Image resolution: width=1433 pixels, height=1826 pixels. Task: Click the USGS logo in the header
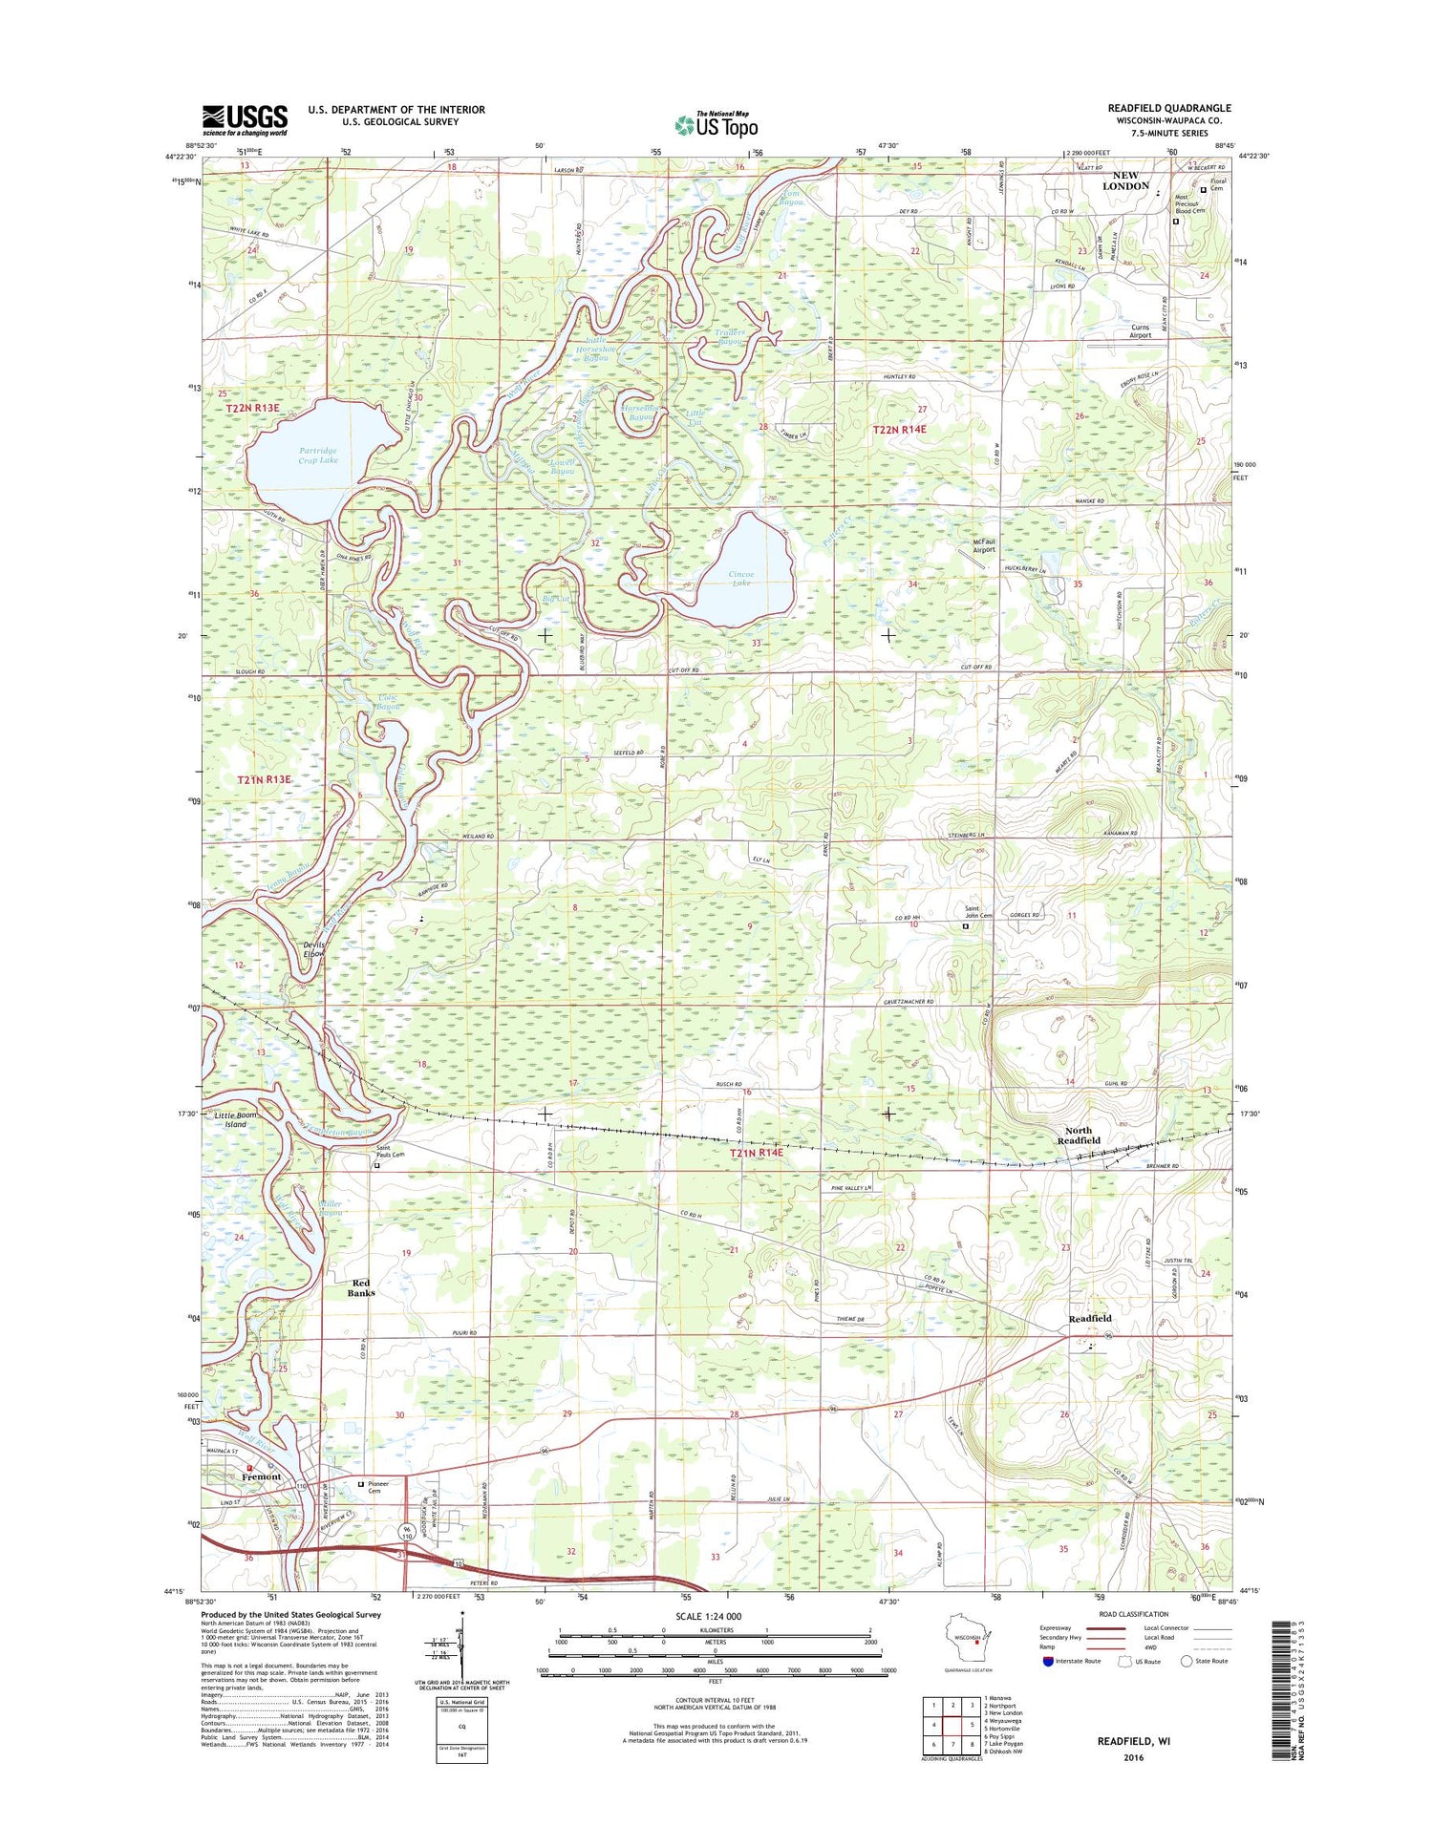point(245,120)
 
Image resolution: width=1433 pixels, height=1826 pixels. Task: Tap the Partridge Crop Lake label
point(317,456)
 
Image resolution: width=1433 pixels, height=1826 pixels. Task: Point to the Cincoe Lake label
point(740,579)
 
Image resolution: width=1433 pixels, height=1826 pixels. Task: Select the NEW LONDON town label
point(1125,180)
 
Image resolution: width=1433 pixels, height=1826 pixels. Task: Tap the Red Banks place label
point(361,1287)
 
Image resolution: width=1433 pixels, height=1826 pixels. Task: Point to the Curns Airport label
point(1140,331)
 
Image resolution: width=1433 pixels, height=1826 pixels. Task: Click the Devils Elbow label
point(314,948)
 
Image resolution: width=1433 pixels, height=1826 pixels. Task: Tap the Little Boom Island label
point(236,1119)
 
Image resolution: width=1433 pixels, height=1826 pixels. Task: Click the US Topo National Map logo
point(716,123)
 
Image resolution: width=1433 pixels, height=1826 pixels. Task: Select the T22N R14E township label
point(899,430)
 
